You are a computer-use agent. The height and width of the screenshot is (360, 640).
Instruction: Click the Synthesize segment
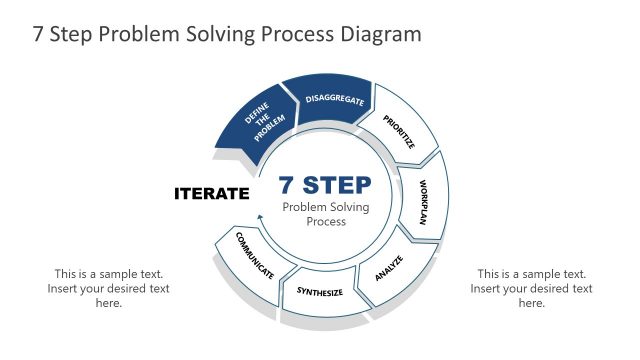[319, 292]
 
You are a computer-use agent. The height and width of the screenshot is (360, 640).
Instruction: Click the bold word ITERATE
[211, 193]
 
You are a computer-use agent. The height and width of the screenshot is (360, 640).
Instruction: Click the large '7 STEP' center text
[325, 185]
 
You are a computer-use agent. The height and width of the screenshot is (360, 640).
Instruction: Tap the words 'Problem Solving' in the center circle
[325, 207]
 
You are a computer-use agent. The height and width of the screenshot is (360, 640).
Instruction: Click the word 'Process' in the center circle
[325, 221]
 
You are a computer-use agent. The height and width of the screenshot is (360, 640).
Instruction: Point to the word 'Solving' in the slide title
[217, 34]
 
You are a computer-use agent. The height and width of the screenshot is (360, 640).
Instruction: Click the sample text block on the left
[108, 288]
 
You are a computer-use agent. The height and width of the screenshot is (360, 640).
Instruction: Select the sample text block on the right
[531, 288]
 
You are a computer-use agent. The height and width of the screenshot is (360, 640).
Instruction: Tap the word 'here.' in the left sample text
[108, 303]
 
